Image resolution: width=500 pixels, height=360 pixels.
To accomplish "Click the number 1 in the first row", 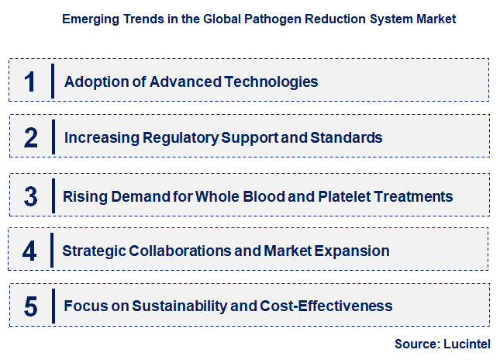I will (x=30, y=81).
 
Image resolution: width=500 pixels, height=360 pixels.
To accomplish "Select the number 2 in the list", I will (x=30, y=138).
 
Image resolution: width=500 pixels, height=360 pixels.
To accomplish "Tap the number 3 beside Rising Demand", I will (x=30, y=196).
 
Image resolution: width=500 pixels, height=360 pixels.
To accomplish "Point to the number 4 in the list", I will (x=30, y=251).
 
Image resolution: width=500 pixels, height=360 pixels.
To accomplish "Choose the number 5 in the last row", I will (x=30, y=306).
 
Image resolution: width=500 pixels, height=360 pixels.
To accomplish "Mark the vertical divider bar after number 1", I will (x=53, y=81).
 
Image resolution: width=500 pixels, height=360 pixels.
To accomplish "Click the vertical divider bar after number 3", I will (x=53, y=195).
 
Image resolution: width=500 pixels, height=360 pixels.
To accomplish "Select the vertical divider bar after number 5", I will (x=53, y=306).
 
